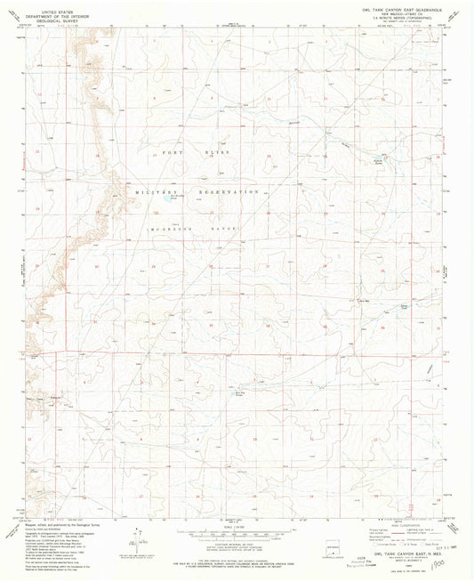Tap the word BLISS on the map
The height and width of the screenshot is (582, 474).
click(220, 154)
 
